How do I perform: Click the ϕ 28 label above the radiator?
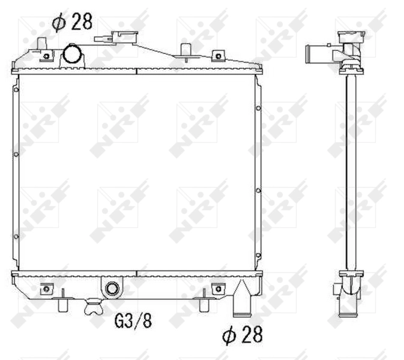[72, 22]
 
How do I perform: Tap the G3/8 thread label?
[133, 321]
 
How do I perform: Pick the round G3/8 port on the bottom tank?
[112, 289]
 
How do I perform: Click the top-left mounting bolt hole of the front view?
[47, 57]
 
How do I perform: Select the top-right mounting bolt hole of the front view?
[218, 57]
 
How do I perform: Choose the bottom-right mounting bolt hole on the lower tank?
[216, 289]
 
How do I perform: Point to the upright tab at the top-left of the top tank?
[42, 43]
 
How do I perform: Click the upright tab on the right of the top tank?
[184, 50]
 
